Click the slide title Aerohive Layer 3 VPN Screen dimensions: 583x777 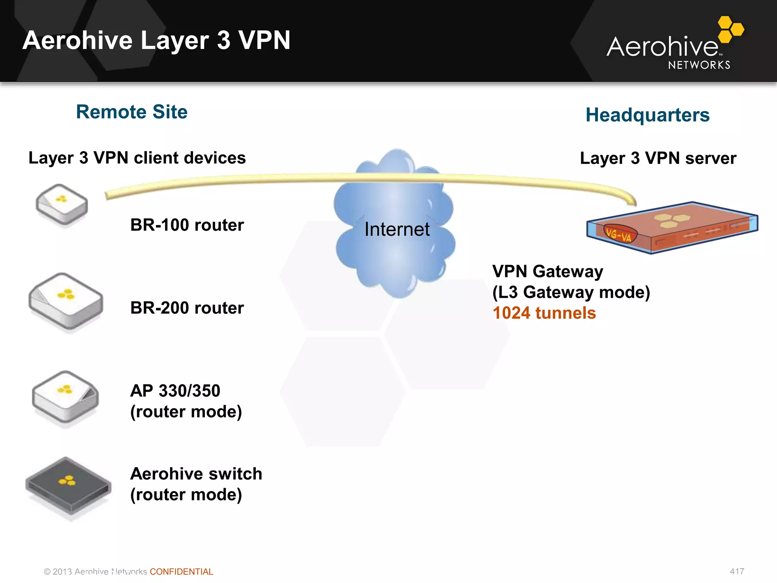[x=156, y=40]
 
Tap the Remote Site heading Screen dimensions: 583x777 [x=132, y=112]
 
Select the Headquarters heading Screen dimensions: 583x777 [x=647, y=115]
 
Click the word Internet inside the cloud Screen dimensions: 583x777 [x=397, y=229]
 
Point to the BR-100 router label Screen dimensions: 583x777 [x=187, y=225]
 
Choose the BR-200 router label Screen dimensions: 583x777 [x=187, y=308]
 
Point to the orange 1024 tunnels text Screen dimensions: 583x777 [x=544, y=313]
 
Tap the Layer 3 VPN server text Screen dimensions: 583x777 [x=658, y=158]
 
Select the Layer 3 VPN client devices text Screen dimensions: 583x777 [x=137, y=158]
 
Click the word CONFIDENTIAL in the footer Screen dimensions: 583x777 [x=181, y=572]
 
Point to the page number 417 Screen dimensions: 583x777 [x=737, y=571]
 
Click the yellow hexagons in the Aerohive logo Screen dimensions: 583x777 [x=730, y=29]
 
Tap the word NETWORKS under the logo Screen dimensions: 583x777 [x=699, y=65]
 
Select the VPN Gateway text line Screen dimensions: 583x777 [x=547, y=272]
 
